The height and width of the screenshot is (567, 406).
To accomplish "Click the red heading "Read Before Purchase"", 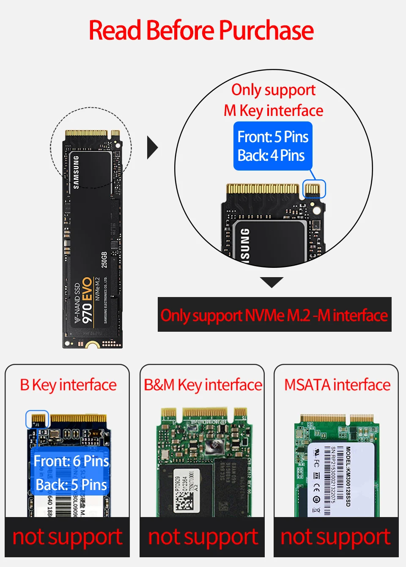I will (x=201, y=30).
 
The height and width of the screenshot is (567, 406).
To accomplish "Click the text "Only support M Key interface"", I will (x=273, y=100).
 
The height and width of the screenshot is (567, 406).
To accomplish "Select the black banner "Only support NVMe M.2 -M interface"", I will (x=274, y=315).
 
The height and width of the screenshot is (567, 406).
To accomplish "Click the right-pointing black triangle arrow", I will (x=152, y=148).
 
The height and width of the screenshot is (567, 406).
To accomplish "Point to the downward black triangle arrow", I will (x=272, y=282).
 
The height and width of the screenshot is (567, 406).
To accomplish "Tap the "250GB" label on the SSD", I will (x=104, y=259).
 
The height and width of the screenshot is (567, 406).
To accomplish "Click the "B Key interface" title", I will (x=68, y=385).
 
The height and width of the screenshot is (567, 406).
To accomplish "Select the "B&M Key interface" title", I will (x=203, y=385).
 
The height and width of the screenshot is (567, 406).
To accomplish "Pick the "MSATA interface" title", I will (x=337, y=385).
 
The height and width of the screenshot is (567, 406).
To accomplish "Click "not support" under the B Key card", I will (x=67, y=537).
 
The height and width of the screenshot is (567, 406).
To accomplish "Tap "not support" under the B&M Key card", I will (x=203, y=537).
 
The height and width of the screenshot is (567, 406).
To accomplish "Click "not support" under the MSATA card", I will (x=336, y=537).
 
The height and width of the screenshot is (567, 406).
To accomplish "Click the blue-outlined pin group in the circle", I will (x=314, y=189).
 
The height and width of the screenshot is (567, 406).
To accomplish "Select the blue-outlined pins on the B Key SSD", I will (x=38, y=419).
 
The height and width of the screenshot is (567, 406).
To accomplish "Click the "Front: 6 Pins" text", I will (x=71, y=461).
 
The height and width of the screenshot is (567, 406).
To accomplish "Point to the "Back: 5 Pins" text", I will (x=71, y=484).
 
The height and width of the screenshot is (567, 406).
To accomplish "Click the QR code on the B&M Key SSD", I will (x=184, y=501).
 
